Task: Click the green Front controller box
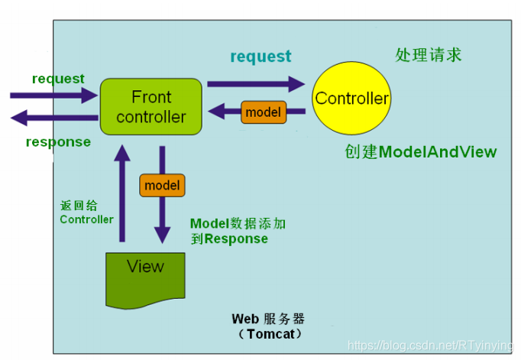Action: [x=150, y=106]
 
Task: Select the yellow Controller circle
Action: [x=352, y=98]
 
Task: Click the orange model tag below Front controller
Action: [x=162, y=185]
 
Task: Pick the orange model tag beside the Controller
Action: [x=264, y=112]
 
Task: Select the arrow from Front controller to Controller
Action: [x=256, y=83]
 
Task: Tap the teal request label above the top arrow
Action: [x=260, y=57]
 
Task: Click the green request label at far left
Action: [x=58, y=79]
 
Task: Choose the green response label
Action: [x=58, y=142]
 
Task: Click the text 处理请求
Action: [x=428, y=55]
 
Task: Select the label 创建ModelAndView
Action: [x=420, y=152]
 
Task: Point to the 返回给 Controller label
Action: [x=86, y=212]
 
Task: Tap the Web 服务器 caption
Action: [x=268, y=319]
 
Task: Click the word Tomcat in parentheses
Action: [x=270, y=334]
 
